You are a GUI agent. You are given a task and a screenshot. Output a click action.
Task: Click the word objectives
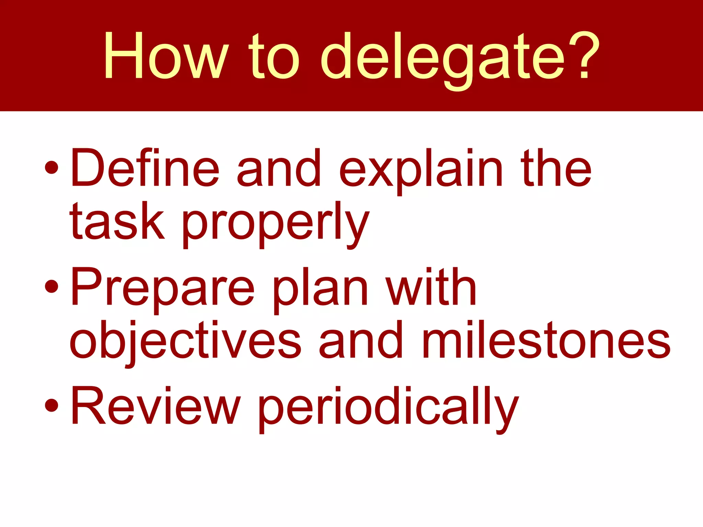185,341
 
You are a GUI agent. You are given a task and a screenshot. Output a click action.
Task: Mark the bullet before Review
51,405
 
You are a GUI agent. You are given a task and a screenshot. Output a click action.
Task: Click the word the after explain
556,168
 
